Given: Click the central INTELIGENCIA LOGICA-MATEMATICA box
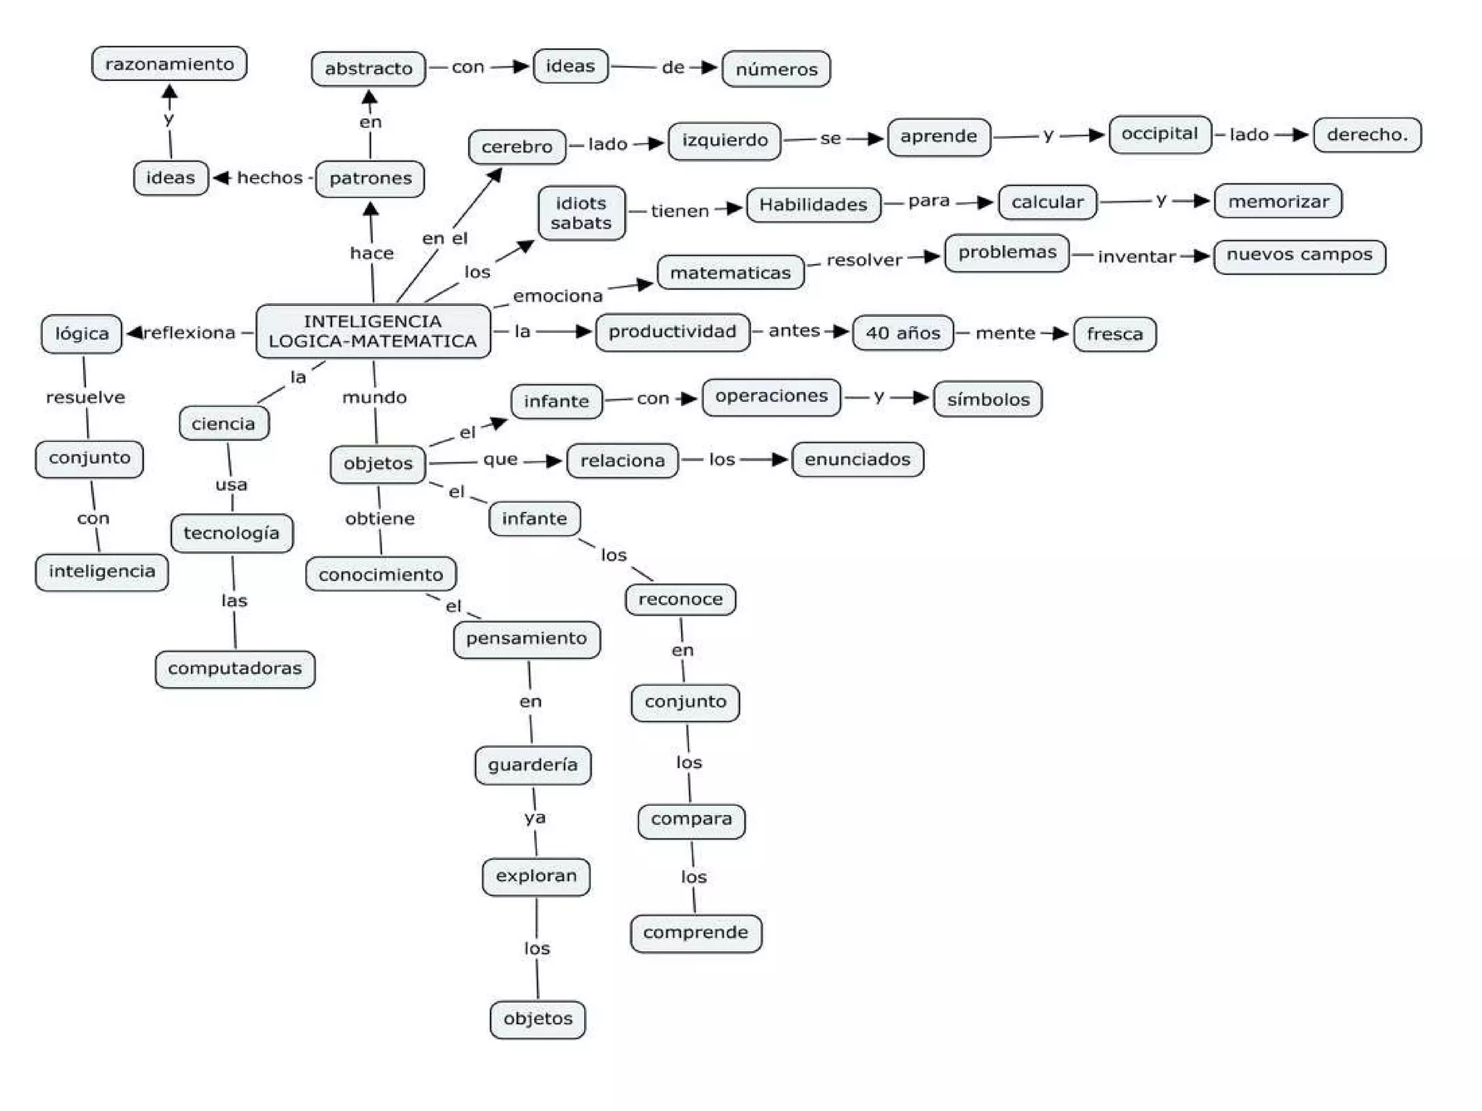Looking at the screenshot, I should coord(373,331).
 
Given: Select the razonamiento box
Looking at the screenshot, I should coord(169,64).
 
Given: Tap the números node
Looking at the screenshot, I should coord(776,69).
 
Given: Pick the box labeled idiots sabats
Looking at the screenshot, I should coord(581,213).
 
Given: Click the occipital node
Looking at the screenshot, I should coord(1159,134).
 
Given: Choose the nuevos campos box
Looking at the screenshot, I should coord(1299,255).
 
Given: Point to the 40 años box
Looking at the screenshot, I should coord(902,333).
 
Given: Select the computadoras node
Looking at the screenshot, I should coord(234,668).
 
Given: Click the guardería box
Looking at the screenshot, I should coord(533,765).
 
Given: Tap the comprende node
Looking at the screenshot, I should coord(695,933).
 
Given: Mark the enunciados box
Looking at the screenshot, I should coord(858,459).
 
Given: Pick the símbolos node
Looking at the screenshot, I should coord(988,399).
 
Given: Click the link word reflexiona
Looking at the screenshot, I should coord(190,333).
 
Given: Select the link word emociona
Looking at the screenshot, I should coord(557,296).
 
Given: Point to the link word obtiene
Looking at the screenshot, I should coord(380,519).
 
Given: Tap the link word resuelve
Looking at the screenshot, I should coord(85,397).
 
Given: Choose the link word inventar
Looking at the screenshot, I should coord(1136,257).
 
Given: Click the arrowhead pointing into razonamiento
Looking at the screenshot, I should coord(169,92).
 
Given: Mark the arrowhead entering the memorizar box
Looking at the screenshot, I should coord(1202,201).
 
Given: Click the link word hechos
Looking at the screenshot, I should coord(269,178).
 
